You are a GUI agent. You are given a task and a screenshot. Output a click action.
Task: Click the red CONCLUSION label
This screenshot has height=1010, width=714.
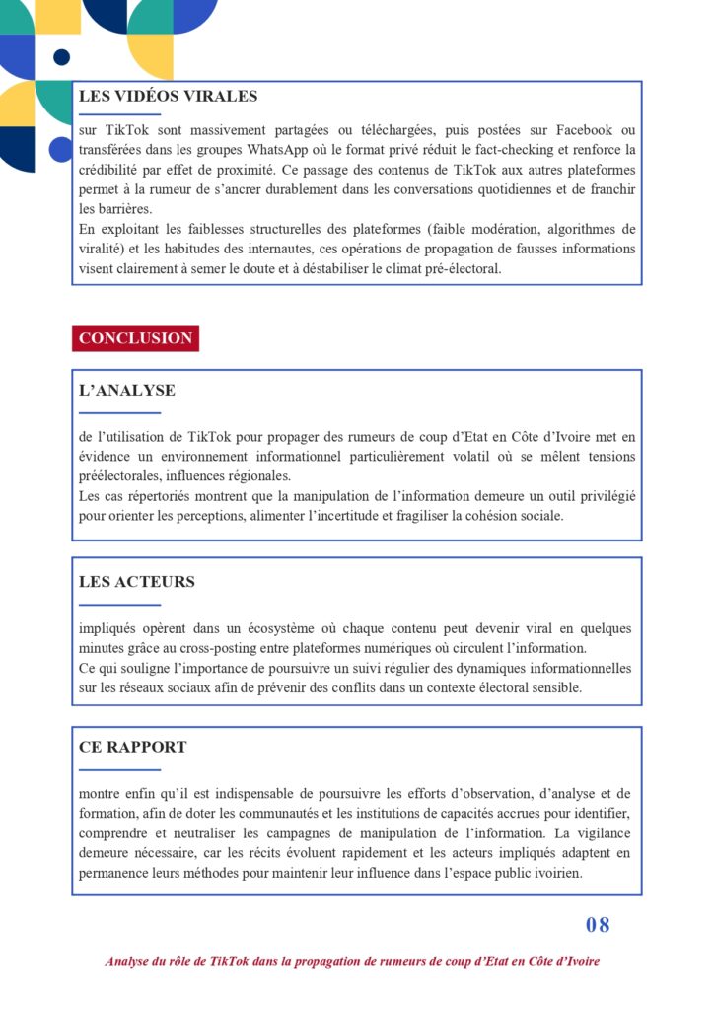(135, 338)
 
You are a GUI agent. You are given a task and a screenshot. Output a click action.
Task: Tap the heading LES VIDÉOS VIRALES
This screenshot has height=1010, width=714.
(168, 97)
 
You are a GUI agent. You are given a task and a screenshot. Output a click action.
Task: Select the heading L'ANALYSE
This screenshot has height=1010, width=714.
(127, 391)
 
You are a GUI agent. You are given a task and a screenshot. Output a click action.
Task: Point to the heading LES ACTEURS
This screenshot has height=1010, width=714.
(137, 582)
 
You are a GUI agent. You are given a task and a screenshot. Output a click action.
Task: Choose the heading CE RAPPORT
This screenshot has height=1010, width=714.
(132, 748)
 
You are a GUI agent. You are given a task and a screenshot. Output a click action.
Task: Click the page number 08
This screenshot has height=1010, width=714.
(598, 925)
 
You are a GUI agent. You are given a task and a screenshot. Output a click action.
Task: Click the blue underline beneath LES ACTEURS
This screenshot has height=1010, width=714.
(119, 605)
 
